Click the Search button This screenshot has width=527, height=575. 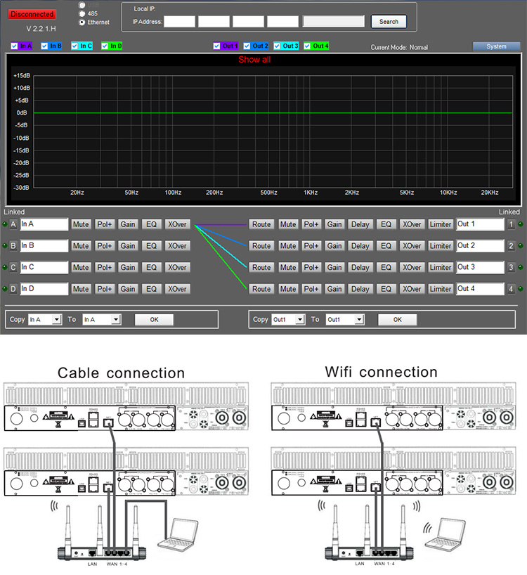[x=389, y=22]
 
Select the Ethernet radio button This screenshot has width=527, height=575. [x=83, y=22]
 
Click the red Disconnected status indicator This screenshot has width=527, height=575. [x=32, y=14]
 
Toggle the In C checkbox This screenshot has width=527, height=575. [x=75, y=46]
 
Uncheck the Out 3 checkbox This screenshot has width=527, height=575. [x=278, y=46]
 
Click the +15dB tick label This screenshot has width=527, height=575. [x=21, y=75]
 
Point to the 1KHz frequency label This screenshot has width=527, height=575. [x=311, y=193]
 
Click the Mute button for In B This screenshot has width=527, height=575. [x=81, y=246]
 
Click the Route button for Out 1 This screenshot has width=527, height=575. [x=261, y=225]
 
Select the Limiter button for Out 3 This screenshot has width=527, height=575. [x=441, y=268]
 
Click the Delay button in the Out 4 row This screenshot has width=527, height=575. [x=360, y=289]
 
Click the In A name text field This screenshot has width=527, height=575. [x=44, y=224]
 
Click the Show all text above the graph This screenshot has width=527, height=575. [x=254, y=60]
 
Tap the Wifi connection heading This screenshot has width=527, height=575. [x=382, y=372]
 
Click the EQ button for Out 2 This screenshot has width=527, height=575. [x=386, y=246]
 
